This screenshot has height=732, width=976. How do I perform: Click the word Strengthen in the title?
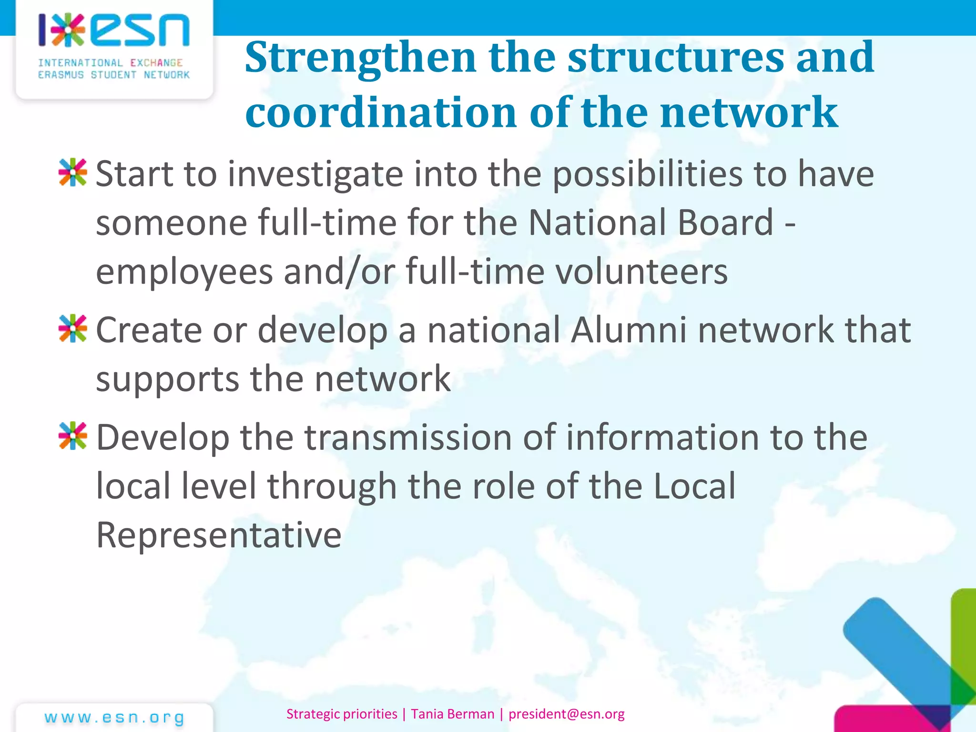point(360,58)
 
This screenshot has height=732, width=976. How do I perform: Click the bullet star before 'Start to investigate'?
point(73,173)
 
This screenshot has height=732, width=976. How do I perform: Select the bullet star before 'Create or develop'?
point(73,329)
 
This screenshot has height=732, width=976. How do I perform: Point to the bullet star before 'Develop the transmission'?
point(73,436)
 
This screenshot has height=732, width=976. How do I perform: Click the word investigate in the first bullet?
point(315,174)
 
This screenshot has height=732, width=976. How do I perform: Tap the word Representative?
point(219,535)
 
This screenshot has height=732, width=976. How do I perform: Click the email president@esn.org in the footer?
point(567,714)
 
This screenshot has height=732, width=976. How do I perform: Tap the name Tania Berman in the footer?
point(453,714)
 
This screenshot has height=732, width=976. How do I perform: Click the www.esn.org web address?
point(114,718)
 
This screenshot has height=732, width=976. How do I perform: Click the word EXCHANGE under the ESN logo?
point(156,63)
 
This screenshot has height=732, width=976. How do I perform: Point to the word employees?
point(185,272)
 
